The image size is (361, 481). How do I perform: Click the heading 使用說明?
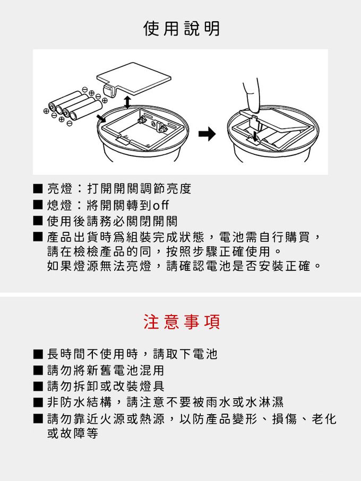pyautogui.click(x=182, y=29)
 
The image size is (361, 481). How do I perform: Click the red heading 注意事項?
pyautogui.click(x=182, y=322)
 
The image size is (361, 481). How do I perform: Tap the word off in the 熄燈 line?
pyautogui.click(x=161, y=205)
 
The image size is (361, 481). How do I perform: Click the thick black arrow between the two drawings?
pyautogui.click(x=207, y=134)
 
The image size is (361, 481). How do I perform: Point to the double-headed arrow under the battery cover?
pyautogui.click(x=127, y=102)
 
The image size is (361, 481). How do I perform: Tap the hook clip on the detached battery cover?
pyautogui.click(x=111, y=90)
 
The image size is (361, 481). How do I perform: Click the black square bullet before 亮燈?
pyautogui.click(x=38, y=188)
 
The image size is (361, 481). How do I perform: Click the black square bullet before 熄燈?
pyautogui.click(x=38, y=205)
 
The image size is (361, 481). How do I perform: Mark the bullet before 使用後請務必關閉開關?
pyautogui.click(x=38, y=221)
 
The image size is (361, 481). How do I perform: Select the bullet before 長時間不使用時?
pyautogui.click(x=38, y=354)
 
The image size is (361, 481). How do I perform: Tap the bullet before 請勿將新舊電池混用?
pyautogui.click(x=38, y=370)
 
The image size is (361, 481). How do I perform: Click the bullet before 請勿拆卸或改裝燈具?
pyautogui.click(x=38, y=386)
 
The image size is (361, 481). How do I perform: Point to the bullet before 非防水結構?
pyautogui.click(x=38, y=402)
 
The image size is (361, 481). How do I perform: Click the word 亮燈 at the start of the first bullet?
pyautogui.click(x=59, y=188)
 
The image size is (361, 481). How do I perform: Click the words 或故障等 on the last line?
pyautogui.click(x=73, y=433)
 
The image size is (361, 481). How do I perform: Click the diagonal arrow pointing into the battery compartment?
pyautogui.click(x=100, y=118)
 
